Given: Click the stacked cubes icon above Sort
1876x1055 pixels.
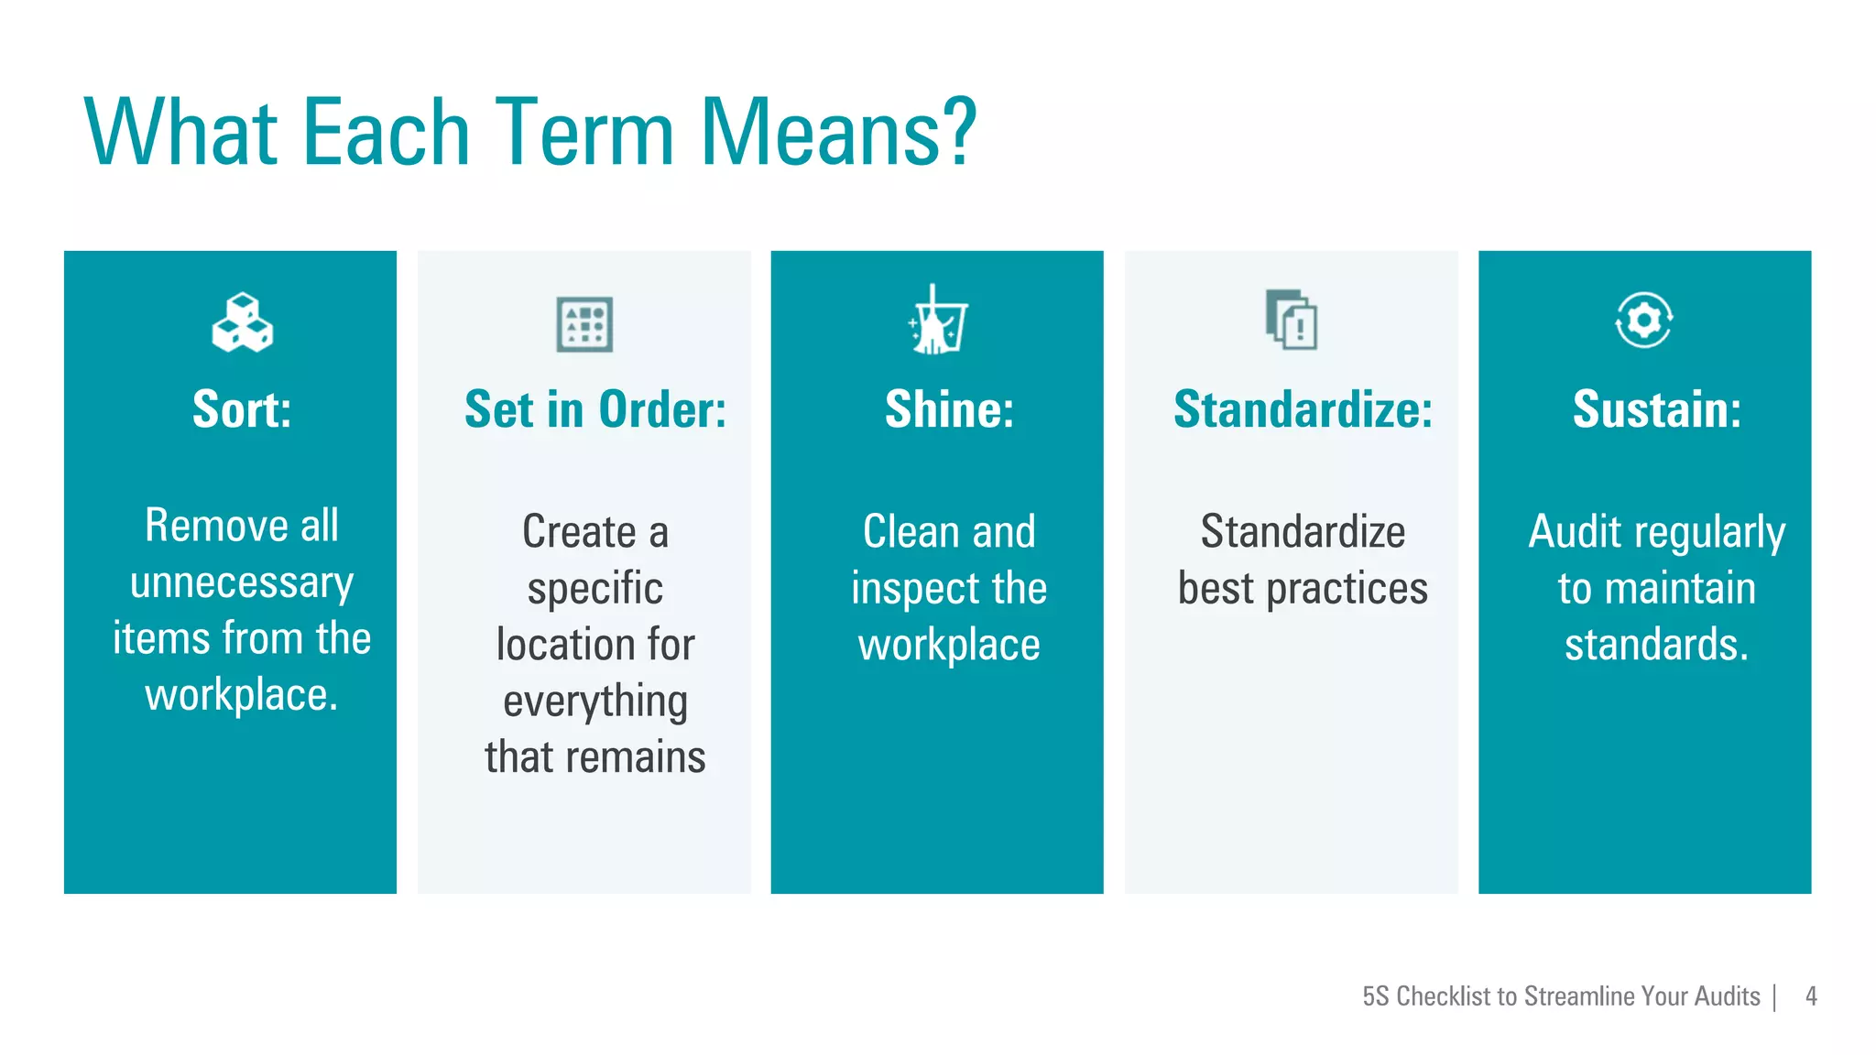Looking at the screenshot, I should tap(242, 322).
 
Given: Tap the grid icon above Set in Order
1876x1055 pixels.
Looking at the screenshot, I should tap(584, 324).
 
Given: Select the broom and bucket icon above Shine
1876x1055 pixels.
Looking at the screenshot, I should tap(937, 321).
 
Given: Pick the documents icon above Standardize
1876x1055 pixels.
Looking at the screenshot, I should tap(1291, 320).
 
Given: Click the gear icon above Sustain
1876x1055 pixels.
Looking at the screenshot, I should tap(1643, 320).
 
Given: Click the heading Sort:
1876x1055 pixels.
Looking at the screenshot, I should tap(242, 409).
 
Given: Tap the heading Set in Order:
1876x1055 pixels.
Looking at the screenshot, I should tap(595, 409).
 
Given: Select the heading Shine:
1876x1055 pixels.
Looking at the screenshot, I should tap(949, 409).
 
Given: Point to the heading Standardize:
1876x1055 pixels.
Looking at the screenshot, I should tap(1303, 409).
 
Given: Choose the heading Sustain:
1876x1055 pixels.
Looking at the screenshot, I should tap(1656, 409).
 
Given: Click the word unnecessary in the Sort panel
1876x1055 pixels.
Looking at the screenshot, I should tap(242, 583).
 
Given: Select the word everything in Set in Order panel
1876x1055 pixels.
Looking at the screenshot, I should tap(595, 702).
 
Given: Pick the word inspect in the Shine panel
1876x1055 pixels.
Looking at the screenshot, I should tap(911, 589).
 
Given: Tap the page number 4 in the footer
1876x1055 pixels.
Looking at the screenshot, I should tap(1811, 995).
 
